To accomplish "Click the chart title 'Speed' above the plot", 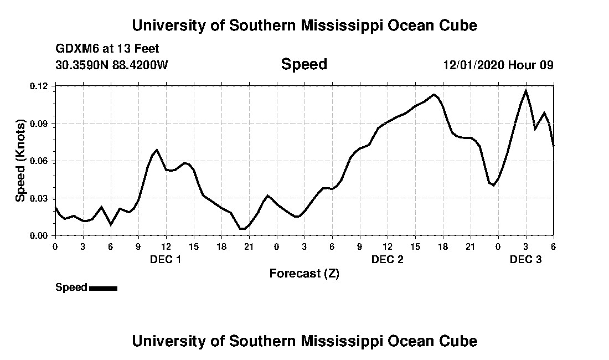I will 304,64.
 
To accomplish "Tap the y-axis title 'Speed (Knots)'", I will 20,160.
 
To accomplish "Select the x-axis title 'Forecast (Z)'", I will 304,273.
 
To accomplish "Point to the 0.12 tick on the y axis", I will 40,86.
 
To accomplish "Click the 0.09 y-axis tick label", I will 40,123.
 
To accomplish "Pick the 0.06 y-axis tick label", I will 40,161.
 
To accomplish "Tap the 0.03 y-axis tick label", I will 40,198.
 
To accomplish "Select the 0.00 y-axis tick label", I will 40,235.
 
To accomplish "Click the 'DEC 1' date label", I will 166,259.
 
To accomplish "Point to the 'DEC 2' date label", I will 387,259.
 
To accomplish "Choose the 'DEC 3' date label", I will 525,259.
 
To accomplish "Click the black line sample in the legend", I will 103,288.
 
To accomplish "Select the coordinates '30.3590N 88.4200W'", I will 112,65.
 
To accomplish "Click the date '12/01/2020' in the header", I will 473,65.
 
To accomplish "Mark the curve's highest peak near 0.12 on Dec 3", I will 525,90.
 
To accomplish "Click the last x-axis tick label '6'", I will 553,246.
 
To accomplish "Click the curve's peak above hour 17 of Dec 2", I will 434,95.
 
